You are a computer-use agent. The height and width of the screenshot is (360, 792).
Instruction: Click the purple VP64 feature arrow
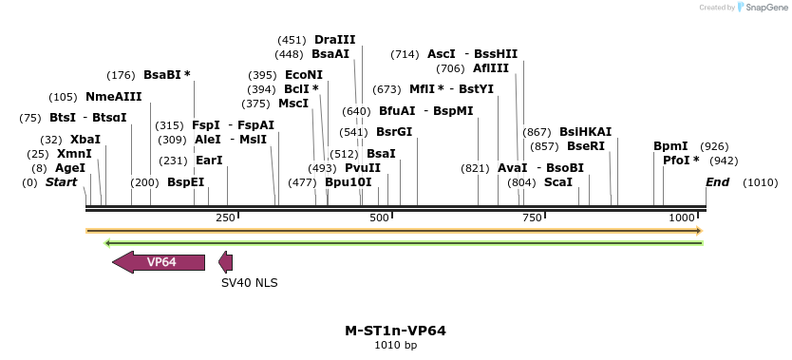click(x=159, y=262)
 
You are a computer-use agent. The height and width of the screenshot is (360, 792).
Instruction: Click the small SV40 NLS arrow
click(x=225, y=262)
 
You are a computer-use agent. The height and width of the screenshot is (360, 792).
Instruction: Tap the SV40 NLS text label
click(x=249, y=282)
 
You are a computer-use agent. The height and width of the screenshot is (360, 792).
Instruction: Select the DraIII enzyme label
click(x=334, y=40)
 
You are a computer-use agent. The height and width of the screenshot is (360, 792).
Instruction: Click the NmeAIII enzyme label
click(x=113, y=97)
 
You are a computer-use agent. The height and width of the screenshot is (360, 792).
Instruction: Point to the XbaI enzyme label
click(x=85, y=139)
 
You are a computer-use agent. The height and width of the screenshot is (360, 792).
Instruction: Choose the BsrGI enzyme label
click(x=394, y=132)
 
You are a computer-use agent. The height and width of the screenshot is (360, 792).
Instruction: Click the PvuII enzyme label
click(x=362, y=167)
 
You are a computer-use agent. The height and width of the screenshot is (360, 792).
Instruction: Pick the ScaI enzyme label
click(x=557, y=181)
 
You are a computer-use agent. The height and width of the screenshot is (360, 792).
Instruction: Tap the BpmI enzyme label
click(x=670, y=146)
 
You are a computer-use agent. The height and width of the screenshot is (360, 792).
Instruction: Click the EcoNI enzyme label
click(x=304, y=75)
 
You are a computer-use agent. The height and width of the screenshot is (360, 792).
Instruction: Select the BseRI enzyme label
click(x=585, y=146)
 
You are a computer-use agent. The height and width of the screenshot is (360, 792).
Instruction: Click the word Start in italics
click(x=61, y=181)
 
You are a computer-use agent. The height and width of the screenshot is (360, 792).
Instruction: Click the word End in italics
click(x=717, y=181)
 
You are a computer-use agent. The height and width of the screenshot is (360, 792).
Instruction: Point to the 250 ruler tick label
click(x=225, y=218)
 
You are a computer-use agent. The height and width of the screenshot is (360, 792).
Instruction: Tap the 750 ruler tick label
click(x=531, y=218)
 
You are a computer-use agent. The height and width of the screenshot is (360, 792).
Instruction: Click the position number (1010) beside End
click(x=760, y=181)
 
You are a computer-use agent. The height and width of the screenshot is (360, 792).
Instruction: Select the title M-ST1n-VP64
click(x=395, y=331)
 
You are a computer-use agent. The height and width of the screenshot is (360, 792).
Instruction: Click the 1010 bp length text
click(x=395, y=345)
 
